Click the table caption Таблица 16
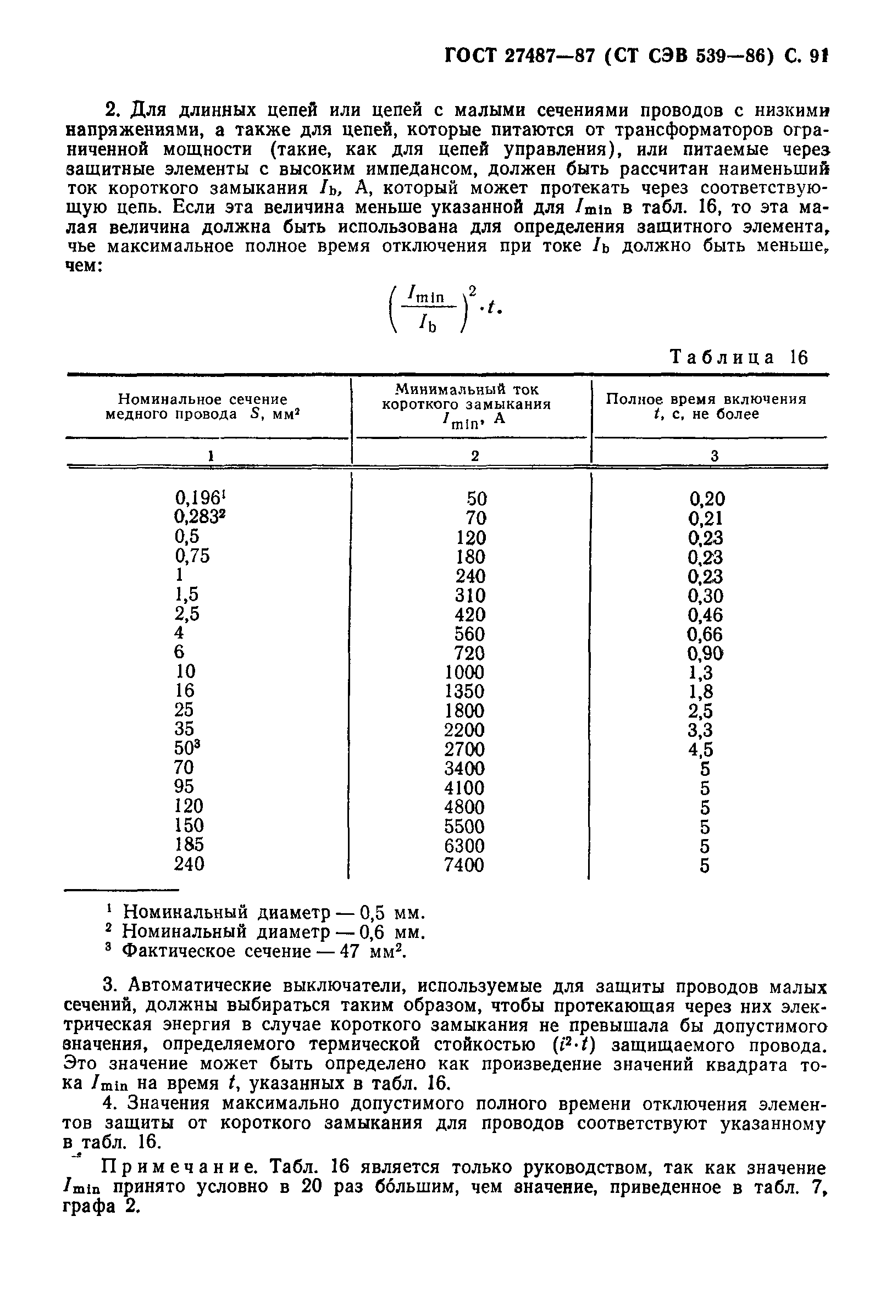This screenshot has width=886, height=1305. pos(739,358)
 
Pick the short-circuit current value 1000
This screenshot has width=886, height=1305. pos(464,672)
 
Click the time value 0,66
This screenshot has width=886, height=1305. pos(705,634)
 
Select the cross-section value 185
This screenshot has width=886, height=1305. pos(189,845)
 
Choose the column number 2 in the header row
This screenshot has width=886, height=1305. pos(475,456)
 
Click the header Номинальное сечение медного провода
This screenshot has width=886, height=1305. pos(202,407)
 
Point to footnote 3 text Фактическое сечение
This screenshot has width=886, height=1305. pos(217,951)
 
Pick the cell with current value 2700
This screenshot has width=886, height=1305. pos(464,749)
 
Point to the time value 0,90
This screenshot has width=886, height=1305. pos(705,653)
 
